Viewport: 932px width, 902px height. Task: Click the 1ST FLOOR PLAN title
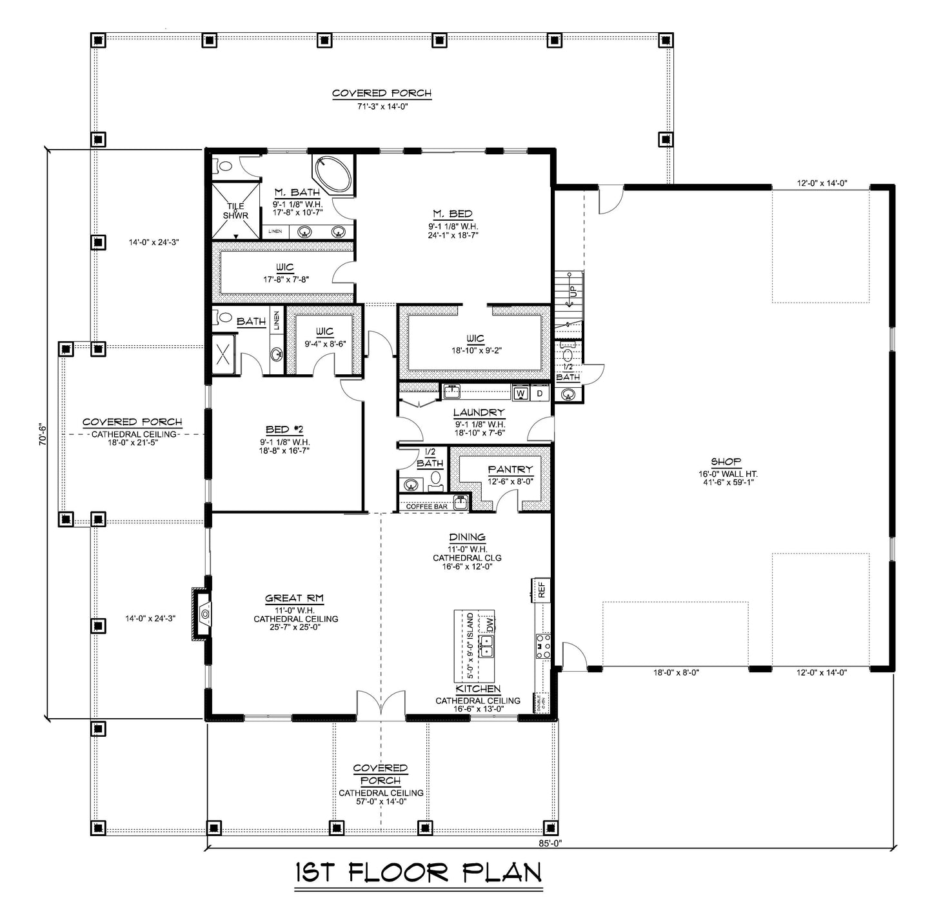click(418, 872)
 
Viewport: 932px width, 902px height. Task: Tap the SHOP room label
click(726, 462)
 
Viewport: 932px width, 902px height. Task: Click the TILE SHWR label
click(235, 211)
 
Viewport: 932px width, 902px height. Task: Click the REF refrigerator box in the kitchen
click(542, 590)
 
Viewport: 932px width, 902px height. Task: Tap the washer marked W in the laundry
click(521, 392)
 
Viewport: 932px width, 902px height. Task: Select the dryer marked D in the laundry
click(540, 392)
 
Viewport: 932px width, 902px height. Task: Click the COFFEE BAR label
click(426, 506)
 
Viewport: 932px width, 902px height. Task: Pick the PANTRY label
click(510, 470)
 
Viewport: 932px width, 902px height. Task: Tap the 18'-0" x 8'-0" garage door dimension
click(676, 672)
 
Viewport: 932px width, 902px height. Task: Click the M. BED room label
click(452, 214)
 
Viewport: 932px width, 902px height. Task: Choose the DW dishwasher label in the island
click(491, 624)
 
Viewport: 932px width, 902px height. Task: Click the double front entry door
click(381, 707)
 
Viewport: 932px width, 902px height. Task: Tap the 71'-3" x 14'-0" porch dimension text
click(381, 106)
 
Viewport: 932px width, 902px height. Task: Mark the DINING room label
click(467, 537)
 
